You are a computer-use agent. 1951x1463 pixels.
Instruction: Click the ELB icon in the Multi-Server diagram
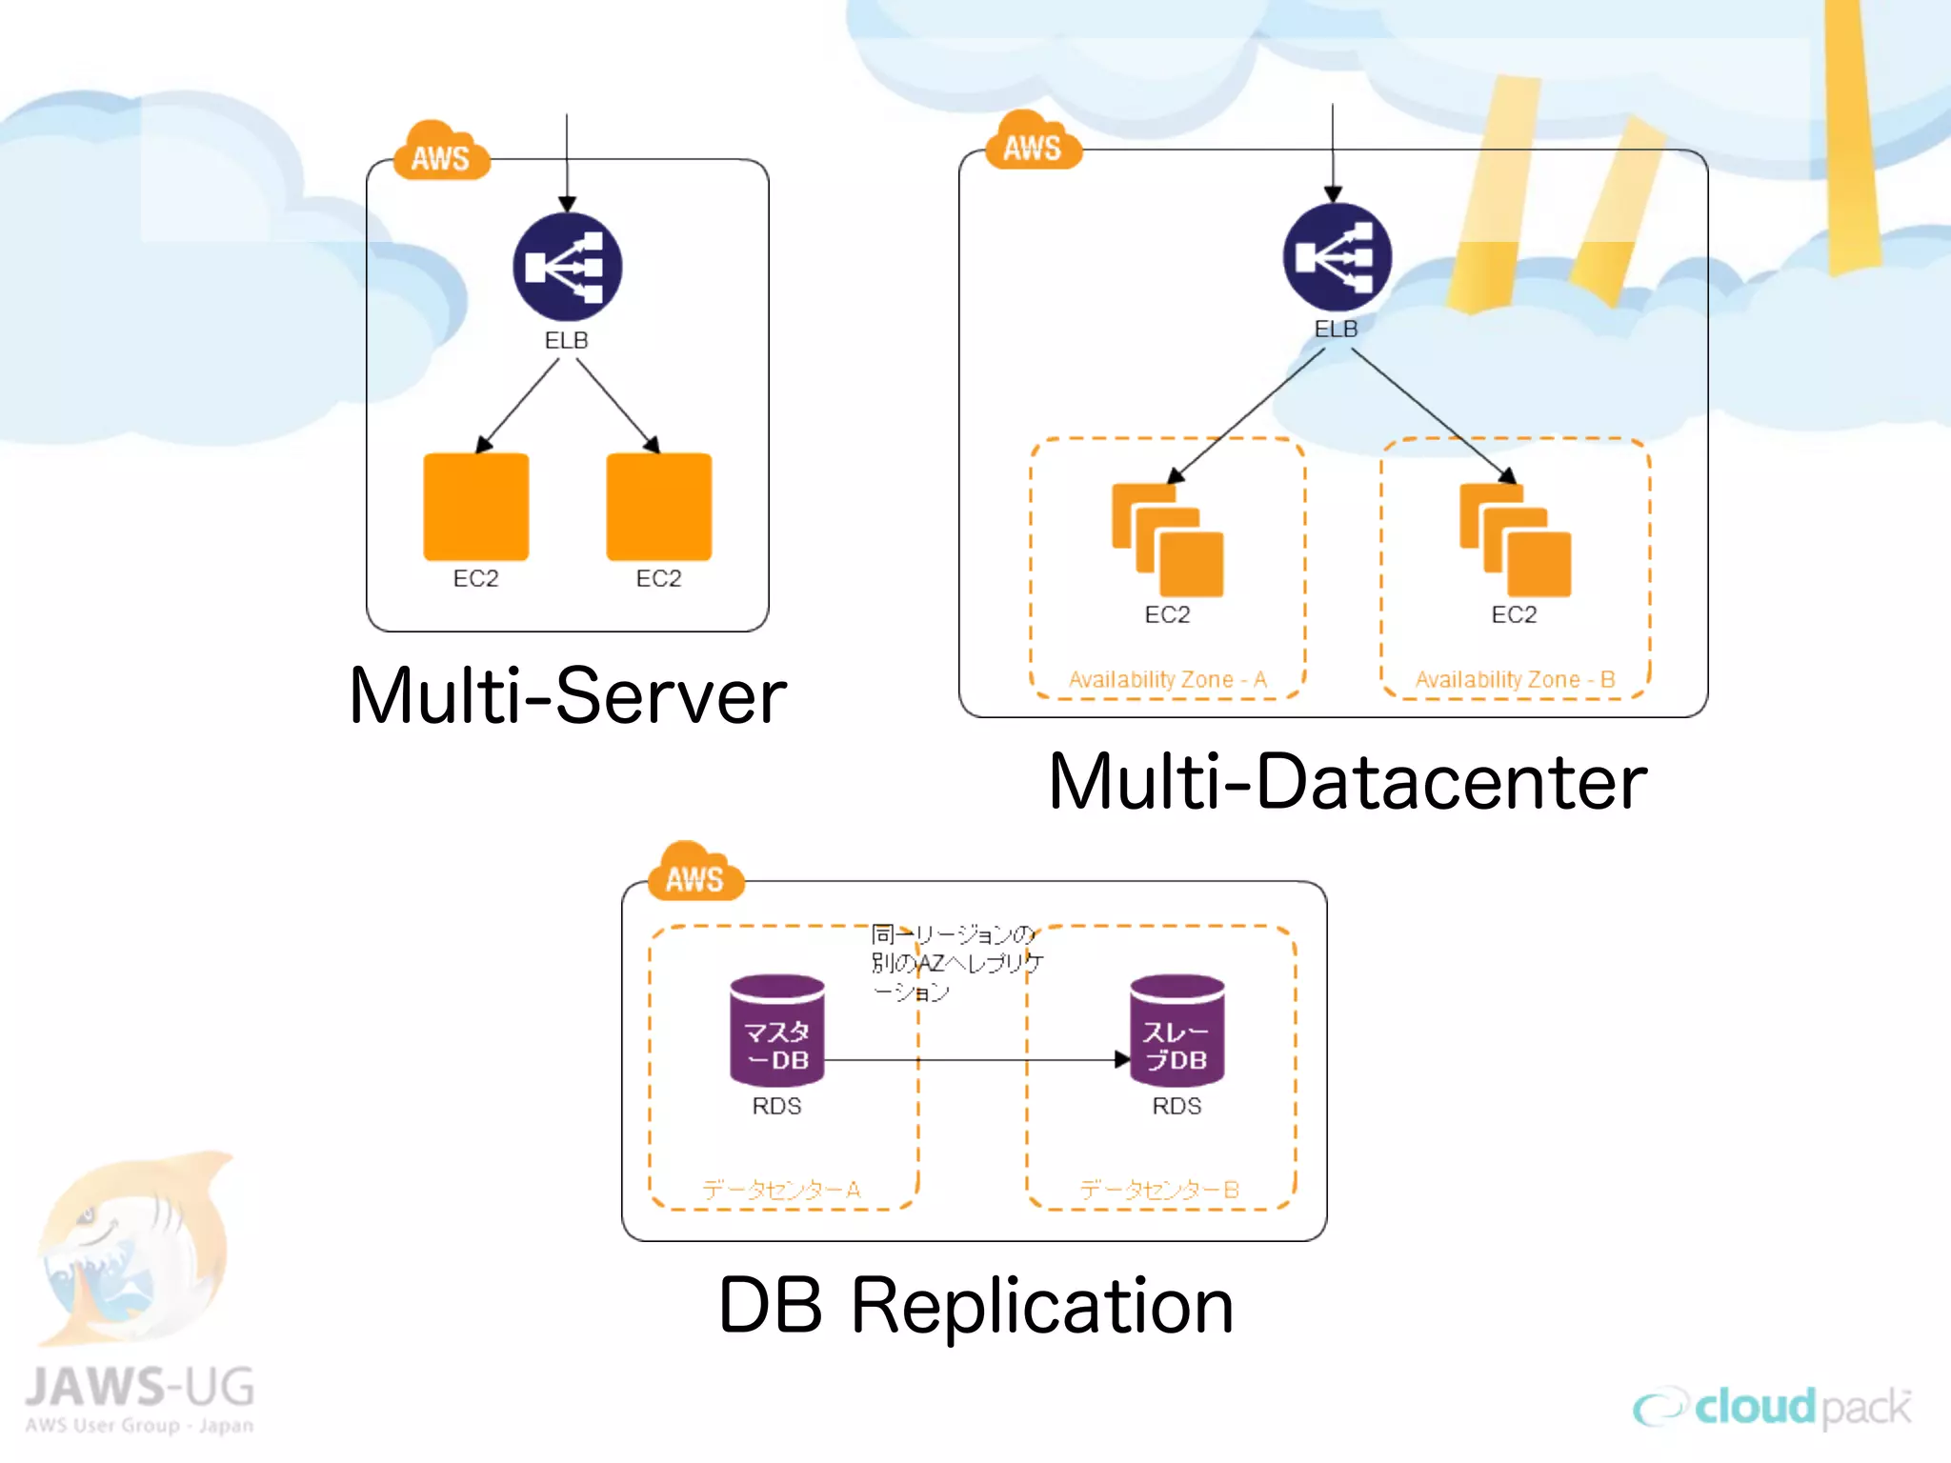pos(567,267)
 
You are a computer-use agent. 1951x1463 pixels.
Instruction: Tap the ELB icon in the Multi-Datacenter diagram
pos(1337,257)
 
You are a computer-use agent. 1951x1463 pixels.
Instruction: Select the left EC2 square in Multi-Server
pos(475,506)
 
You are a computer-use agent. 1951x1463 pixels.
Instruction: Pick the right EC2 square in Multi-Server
pos(658,506)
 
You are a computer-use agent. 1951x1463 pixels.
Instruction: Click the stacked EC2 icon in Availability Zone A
pos(1167,540)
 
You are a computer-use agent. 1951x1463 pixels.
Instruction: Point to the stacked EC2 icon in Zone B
pos(1515,540)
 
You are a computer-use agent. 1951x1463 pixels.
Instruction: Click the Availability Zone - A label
pos(1167,679)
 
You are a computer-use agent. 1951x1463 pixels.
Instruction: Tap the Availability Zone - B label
pos(1515,679)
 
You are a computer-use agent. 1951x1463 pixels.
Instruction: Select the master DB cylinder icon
pos(776,1031)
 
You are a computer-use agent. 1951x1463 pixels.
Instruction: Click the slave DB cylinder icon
pos(1177,1031)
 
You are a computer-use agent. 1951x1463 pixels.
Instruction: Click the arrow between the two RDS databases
pos(972,1059)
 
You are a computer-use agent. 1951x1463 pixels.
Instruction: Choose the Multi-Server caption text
pos(568,696)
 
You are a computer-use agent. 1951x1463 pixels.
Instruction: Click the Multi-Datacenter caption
pos(1347,782)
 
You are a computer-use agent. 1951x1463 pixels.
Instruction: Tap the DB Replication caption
pos(975,1306)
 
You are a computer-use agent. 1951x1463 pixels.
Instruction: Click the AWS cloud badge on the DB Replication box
pos(694,874)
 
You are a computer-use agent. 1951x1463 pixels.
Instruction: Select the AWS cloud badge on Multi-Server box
pos(441,153)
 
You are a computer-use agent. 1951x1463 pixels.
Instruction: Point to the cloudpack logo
pos(1772,1408)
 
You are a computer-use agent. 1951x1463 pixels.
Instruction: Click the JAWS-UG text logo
pos(140,1389)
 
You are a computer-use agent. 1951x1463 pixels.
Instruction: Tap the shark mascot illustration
pos(133,1248)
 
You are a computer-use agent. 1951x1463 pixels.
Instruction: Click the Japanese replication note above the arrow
pos(955,962)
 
